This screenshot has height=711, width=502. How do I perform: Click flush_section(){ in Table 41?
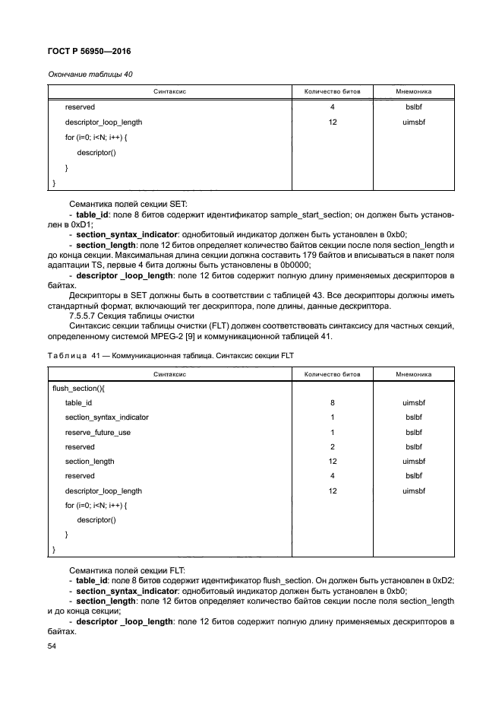pos(78,388)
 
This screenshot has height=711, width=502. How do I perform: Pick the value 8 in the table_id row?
pos(333,403)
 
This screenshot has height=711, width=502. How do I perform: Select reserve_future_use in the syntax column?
pos(97,432)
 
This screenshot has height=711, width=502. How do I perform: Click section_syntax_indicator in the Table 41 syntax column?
pos(106,417)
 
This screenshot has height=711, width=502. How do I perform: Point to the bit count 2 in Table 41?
pos(333,447)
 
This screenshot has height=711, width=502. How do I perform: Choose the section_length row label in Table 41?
pos(90,462)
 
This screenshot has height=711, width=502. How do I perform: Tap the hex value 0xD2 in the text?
pos(443,580)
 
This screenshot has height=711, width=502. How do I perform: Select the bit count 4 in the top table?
pos(333,107)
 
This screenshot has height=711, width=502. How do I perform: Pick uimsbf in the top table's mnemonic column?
pos(414,122)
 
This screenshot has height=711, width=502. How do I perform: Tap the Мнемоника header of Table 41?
pos(414,374)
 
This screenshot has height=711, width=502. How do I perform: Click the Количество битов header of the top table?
pos(333,91)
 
